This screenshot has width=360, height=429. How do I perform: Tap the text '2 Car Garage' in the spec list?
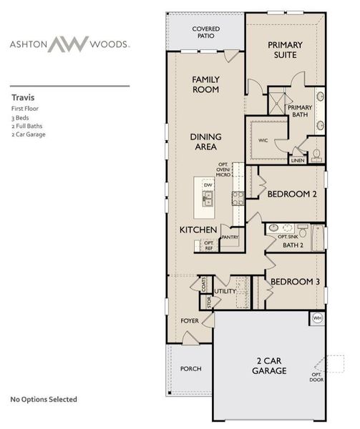tap(29, 134)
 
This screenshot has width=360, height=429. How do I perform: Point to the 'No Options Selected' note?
tap(44, 399)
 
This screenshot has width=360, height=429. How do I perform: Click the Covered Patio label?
tap(206, 32)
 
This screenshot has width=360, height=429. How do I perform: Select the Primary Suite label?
tap(285, 50)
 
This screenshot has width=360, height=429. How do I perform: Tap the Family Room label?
tap(205, 84)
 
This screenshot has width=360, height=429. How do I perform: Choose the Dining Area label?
tap(205, 141)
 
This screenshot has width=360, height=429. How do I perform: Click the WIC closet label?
tap(263, 140)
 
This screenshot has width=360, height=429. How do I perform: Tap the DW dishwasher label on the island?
tap(208, 185)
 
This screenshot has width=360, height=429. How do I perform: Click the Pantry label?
tap(229, 237)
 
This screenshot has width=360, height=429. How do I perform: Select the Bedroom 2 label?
tap(292, 193)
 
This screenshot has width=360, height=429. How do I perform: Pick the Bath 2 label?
tap(293, 245)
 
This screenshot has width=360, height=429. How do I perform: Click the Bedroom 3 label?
tap(292, 281)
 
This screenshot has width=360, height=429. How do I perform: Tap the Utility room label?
tap(225, 291)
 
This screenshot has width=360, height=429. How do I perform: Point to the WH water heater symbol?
tap(316, 317)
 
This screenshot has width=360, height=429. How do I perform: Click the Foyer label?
tap(189, 321)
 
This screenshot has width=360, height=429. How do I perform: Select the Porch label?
tap(190, 368)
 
